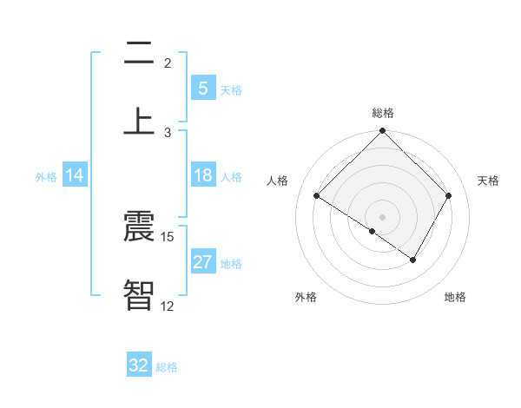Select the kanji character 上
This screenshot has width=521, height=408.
(x=138, y=120)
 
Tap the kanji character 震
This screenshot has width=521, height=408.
(x=138, y=227)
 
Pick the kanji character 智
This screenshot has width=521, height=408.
(x=138, y=294)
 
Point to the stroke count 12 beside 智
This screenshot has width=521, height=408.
(x=168, y=306)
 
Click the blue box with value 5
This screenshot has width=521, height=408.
(x=203, y=89)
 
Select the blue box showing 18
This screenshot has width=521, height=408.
(x=203, y=175)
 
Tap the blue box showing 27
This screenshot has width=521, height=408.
(x=203, y=262)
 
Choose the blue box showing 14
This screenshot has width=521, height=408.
(x=75, y=175)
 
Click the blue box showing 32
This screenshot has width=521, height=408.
(x=139, y=365)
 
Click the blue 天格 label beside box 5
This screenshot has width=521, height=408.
(x=231, y=89)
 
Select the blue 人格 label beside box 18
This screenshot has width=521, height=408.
(x=231, y=176)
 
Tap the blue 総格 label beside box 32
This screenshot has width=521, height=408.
(x=167, y=366)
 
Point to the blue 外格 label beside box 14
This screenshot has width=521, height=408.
(x=46, y=176)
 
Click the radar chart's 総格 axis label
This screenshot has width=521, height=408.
(x=383, y=113)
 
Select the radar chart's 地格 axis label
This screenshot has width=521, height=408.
(x=455, y=297)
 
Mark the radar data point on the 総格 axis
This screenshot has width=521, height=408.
(x=383, y=132)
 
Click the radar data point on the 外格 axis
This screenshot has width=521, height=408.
(x=373, y=231)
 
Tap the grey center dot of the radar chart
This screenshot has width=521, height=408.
(x=383, y=216)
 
